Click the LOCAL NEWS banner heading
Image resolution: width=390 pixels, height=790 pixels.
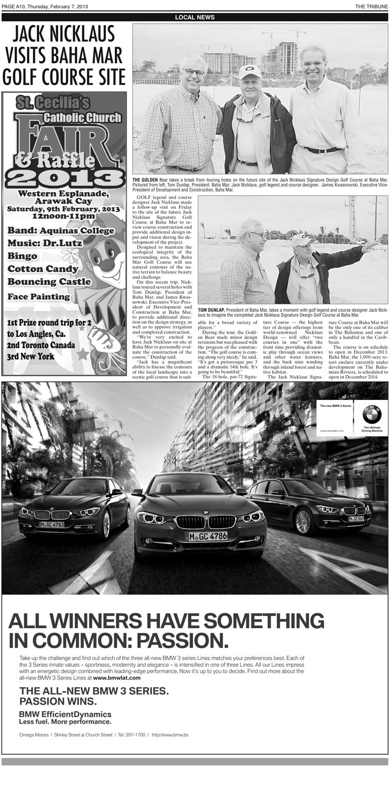click(x=194, y=17)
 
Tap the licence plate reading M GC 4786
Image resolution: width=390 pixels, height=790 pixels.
click(x=206, y=536)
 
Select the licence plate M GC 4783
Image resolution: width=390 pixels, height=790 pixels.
click(x=51, y=524)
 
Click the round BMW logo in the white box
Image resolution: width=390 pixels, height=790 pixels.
click(x=371, y=414)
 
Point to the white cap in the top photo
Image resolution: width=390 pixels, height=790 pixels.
click(x=249, y=71)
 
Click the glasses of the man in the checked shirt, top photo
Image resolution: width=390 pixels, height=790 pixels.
click(x=194, y=72)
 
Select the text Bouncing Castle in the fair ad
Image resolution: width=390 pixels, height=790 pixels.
click(x=49, y=282)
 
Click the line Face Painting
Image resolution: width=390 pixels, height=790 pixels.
click(x=39, y=297)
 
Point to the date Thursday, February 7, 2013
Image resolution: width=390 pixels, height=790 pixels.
click(x=62, y=6)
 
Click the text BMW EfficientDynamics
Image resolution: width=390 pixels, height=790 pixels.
click(x=65, y=714)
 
